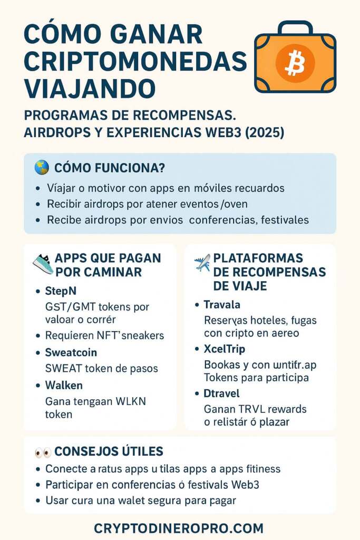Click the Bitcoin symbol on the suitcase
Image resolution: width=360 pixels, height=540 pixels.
(x=295, y=63)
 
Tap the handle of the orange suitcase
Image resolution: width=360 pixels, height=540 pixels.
(x=295, y=27)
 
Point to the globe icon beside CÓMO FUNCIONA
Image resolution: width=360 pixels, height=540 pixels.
(x=42, y=168)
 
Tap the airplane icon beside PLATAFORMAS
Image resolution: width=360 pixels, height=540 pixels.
(x=202, y=262)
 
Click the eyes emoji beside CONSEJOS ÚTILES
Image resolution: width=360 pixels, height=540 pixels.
(x=43, y=452)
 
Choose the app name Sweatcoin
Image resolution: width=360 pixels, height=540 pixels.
(x=72, y=352)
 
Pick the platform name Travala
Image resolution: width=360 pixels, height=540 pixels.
(x=222, y=304)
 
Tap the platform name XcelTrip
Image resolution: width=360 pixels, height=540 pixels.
(x=225, y=349)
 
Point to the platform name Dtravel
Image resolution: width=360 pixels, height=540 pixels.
(x=221, y=393)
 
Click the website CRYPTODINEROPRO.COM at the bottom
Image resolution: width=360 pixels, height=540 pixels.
(x=179, y=528)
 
